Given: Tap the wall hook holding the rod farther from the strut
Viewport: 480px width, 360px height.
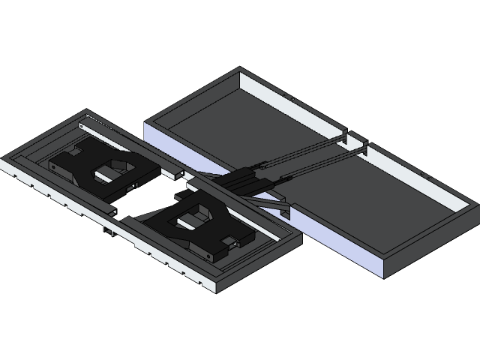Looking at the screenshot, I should tap(344, 136).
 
